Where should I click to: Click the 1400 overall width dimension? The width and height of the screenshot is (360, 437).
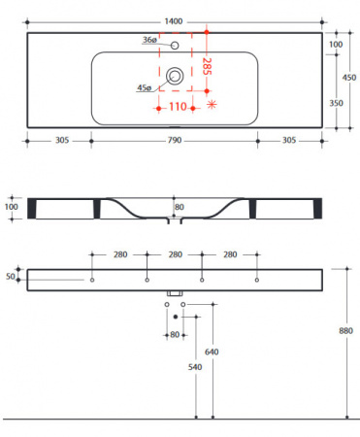pos(174,21)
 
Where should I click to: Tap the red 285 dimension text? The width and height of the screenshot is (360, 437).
pos(207,66)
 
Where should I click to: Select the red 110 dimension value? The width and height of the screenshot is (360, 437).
pos(178,107)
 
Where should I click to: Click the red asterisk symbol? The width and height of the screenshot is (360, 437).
pos(212,104)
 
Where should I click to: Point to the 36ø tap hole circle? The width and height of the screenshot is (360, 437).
pos(175,45)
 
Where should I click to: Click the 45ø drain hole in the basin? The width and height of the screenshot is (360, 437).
pos(175,76)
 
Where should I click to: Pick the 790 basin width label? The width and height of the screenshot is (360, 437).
pos(175,141)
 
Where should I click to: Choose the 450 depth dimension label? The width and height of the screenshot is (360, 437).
pos(349,78)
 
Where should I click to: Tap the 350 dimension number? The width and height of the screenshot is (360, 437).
pos(337,103)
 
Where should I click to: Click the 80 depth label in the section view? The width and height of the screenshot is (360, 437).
pos(180,207)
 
